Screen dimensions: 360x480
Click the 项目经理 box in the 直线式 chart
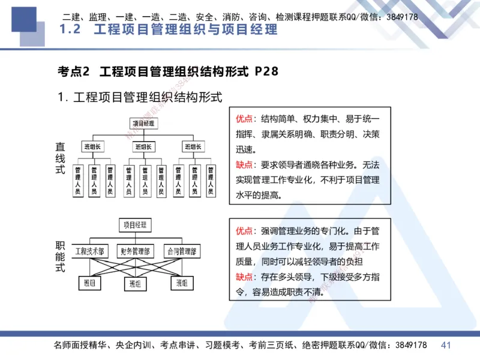point(143,124)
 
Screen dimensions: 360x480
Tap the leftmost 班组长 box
point(93,146)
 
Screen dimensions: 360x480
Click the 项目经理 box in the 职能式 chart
point(135,226)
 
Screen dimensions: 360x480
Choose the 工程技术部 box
point(90,251)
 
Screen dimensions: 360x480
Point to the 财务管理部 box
point(135,251)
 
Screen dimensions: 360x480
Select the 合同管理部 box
point(182,251)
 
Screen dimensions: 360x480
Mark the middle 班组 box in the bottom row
point(135,283)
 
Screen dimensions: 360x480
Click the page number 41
point(446,345)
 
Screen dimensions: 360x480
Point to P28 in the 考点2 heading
point(266,71)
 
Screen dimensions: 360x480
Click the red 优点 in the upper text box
point(244,118)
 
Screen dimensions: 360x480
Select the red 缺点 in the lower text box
point(244,277)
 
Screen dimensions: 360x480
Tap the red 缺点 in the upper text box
point(244,164)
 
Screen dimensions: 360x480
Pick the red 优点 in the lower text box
point(244,230)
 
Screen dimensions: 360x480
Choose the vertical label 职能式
point(60,256)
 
